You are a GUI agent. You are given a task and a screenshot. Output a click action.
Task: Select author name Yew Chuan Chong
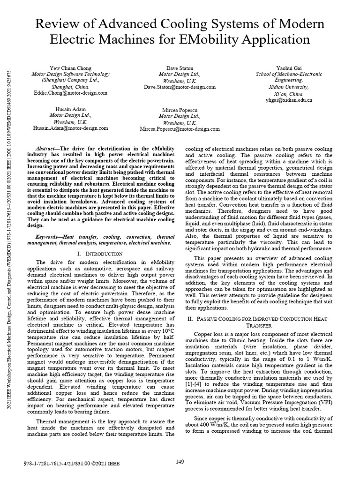pos(70,68)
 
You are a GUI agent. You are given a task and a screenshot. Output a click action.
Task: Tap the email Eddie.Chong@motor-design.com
pos(70,93)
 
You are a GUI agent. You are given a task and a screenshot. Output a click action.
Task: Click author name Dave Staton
pos(180,68)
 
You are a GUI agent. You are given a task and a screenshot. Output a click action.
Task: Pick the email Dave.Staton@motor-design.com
pos(180,87)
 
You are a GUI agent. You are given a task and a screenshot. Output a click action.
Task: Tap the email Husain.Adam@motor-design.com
pos(70,127)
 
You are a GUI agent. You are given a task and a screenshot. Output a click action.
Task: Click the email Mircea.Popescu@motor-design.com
pos(180,129)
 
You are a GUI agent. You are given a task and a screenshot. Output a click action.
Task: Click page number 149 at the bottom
pos(180,462)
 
